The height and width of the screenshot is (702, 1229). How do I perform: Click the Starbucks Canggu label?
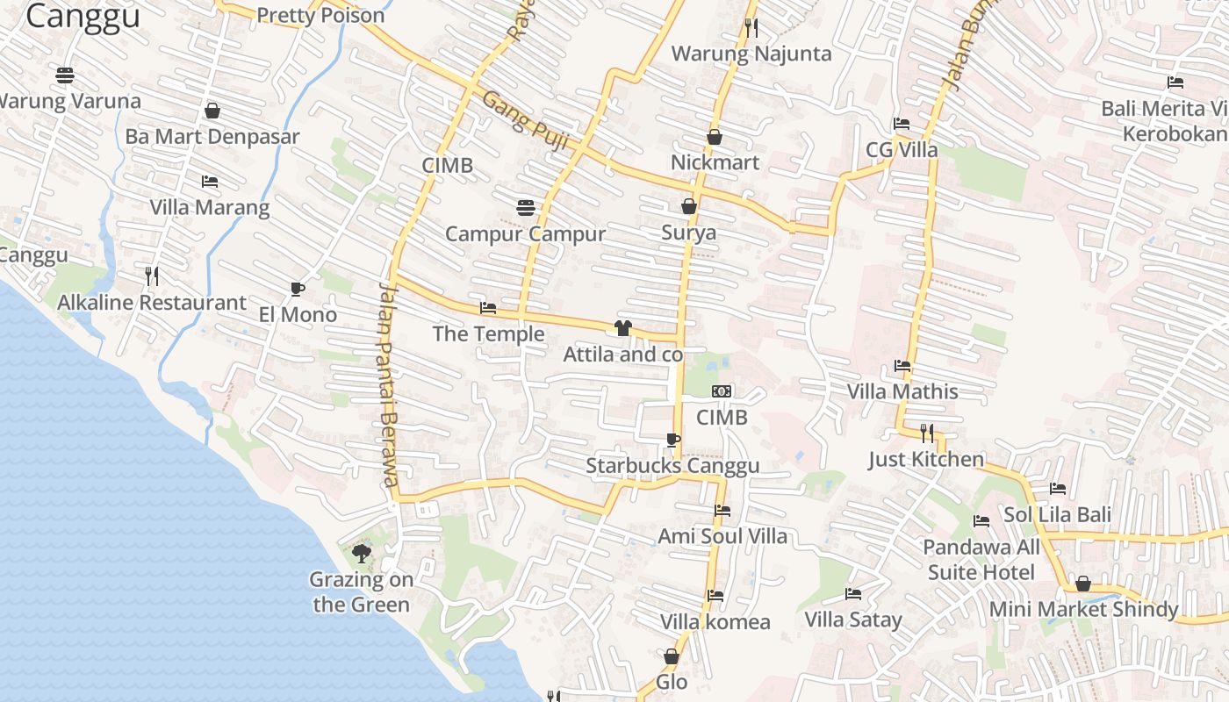pyautogui.click(x=672, y=466)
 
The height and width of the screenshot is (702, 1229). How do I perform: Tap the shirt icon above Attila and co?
pyautogui.click(x=622, y=328)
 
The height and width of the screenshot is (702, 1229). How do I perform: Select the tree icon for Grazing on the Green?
pyautogui.click(x=361, y=553)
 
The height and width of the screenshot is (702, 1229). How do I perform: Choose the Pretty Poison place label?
pyautogui.click(x=320, y=16)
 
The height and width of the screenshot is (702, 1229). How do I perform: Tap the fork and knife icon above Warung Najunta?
pyautogui.click(x=751, y=28)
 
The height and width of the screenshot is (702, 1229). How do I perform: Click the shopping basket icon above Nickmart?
pyautogui.click(x=715, y=138)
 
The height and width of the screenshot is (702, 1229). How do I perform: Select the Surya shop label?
pyautogui.click(x=688, y=233)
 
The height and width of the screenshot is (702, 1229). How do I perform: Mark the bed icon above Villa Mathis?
pyautogui.click(x=902, y=366)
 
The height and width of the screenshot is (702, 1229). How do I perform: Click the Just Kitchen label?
pyautogui.click(x=926, y=459)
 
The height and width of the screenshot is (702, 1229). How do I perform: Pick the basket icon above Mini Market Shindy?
pyautogui.click(x=1083, y=584)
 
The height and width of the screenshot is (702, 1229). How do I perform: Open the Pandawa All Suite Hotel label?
pyautogui.click(x=981, y=560)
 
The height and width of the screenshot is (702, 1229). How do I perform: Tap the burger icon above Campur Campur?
pyautogui.click(x=526, y=208)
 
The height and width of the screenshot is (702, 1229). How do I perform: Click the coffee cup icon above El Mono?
pyautogui.click(x=297, y=289)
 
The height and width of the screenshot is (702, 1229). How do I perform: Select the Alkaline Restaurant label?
pyautogui.click(x=152, y=303)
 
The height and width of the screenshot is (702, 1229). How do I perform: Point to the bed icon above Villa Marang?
pyautogui.click(x=210, y=182)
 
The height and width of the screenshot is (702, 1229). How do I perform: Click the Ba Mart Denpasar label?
pyautogui.click(x=212, y=137)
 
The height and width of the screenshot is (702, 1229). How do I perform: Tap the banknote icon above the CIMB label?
pyautogui.click(x=722, y=391)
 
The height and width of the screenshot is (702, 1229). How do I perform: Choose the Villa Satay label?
pyautogui.click(x=852, y=620)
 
